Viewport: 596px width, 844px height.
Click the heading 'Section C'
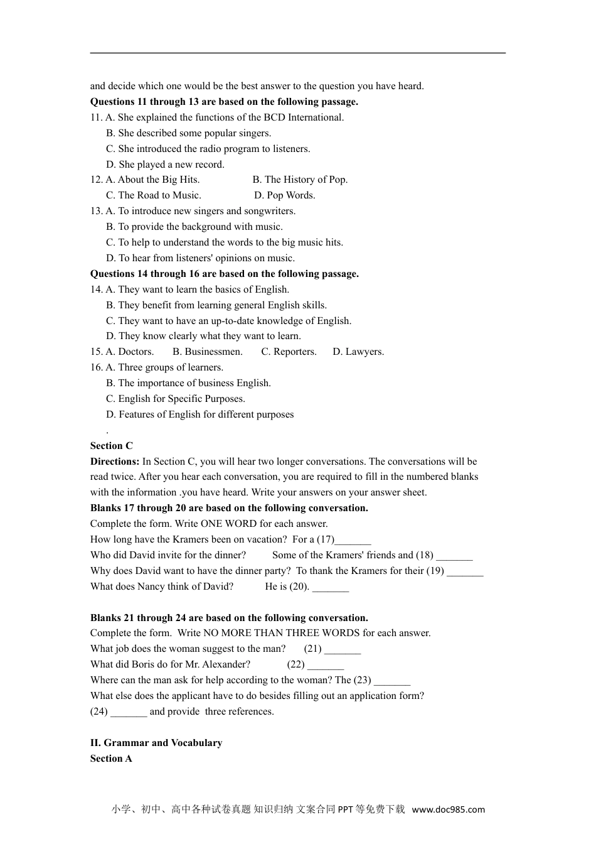112,446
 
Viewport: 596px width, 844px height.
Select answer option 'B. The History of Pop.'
300,180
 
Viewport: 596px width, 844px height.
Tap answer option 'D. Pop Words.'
285,195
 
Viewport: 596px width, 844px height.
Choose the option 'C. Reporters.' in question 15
289,352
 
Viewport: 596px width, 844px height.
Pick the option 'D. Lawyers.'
358,352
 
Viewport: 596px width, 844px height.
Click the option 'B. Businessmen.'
207,352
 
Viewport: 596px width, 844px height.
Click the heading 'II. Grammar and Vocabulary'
156,743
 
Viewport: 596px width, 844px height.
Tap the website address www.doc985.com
448,809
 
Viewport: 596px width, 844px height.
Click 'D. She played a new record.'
165,165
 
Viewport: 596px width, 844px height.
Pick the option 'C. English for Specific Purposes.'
175,399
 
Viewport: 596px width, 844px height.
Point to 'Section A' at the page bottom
111,759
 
